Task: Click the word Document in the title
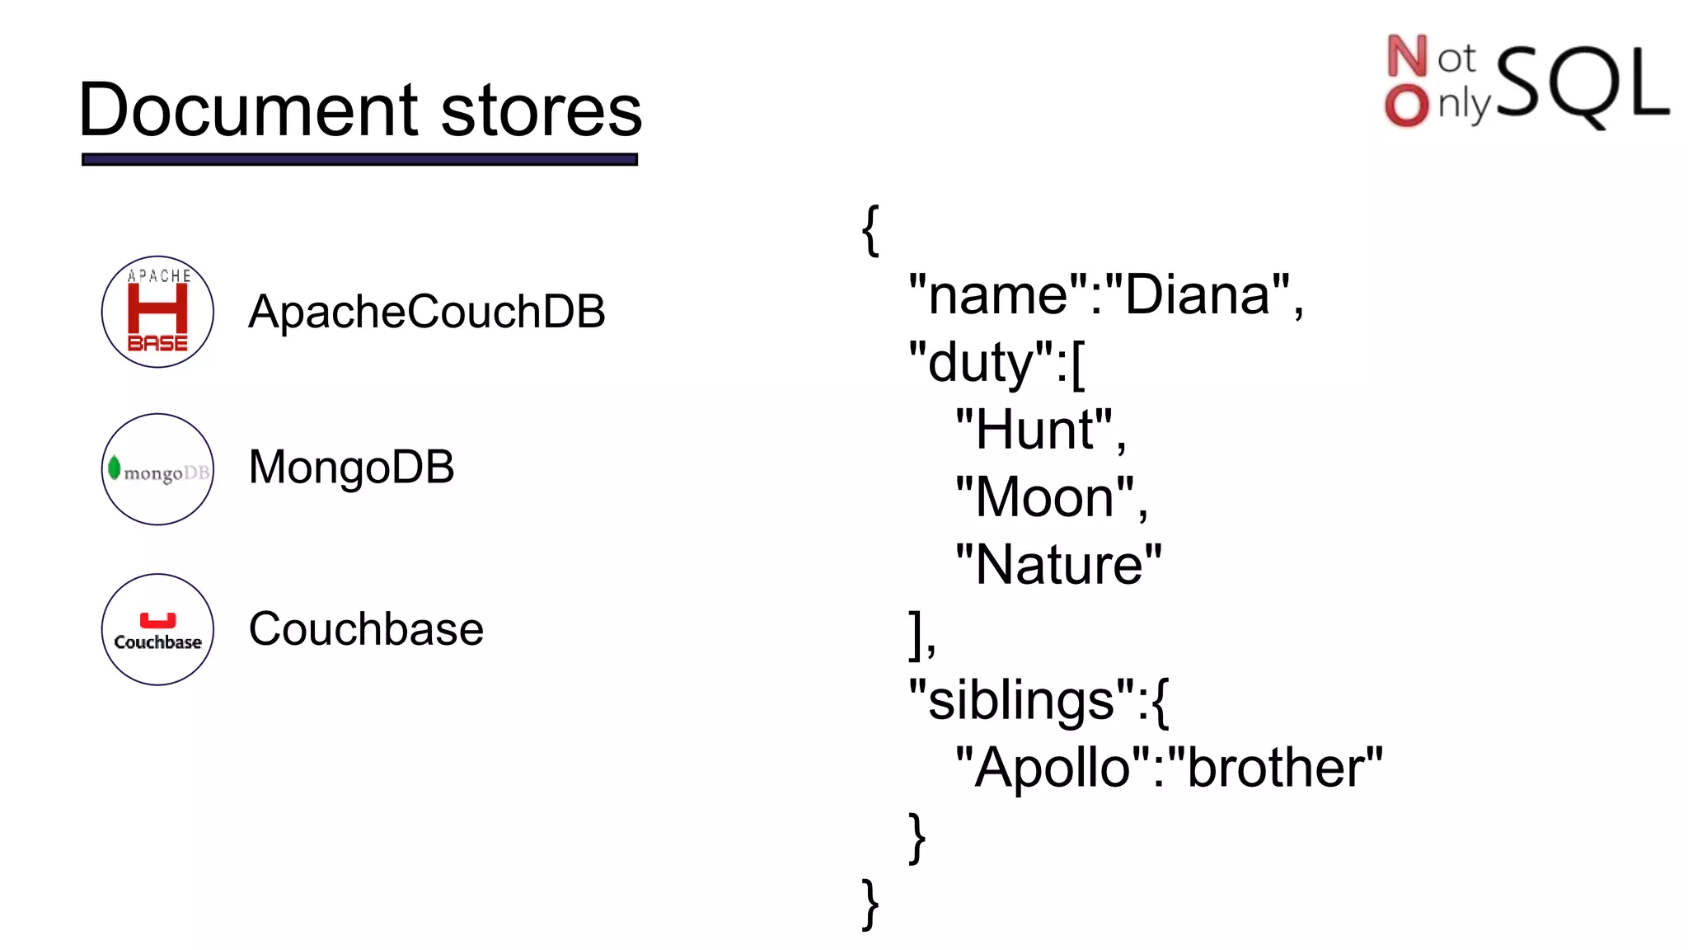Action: click(251, 111)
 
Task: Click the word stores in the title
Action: click(541, 111)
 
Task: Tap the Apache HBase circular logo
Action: click(157, 312)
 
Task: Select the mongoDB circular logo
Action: click(157, 469)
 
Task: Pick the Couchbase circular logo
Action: click(157, 629)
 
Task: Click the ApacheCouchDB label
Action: click(426, 312)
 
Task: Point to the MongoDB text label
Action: click(351, 467)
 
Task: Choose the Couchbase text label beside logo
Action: click(366, 629)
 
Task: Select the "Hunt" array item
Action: click(1034, 430)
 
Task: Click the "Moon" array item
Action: click(1044, 497)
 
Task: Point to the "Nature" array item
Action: click(1058, 565)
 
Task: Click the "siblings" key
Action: click(1022, 700)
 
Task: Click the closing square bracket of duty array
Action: click(915, 634)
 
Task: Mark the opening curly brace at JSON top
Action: click(870, 231)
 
